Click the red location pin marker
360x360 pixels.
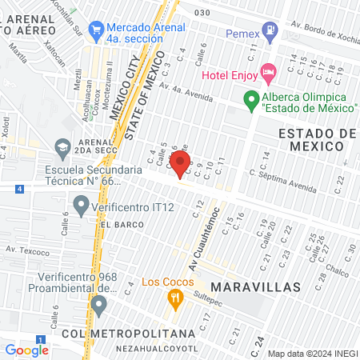(x=178, y=167)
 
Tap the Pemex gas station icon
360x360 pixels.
(x=270, y=34)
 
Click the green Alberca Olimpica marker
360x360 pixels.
(x=251, y=100)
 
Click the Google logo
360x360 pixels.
(x=27, y=350)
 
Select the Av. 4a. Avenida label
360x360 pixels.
(x=186, y=91)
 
